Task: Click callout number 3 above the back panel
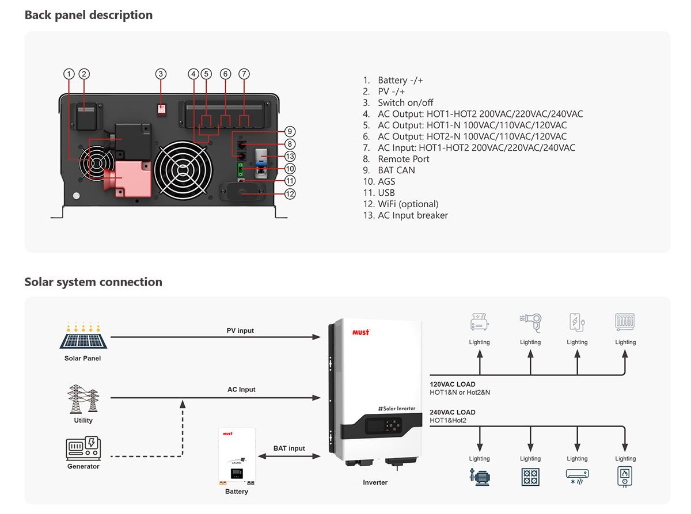[x=161, y=74]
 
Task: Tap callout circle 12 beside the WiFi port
[x=290, y=194]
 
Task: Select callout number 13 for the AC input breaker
[x=290, y=156]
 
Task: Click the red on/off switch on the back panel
[x=162, y=108]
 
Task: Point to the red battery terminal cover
[x=133, y=179]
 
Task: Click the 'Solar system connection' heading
[x=93, y=281]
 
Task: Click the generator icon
[x=83, y=448]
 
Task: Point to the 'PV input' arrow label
[x=240, y=330]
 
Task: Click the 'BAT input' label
[x=289, y=448]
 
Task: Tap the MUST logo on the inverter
[x=360, y=332]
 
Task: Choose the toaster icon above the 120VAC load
[x=479, y=322]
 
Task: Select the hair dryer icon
[x=530, y=322]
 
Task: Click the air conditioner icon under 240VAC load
[x=577, y=476]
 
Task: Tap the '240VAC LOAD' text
[x=453, y=412]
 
